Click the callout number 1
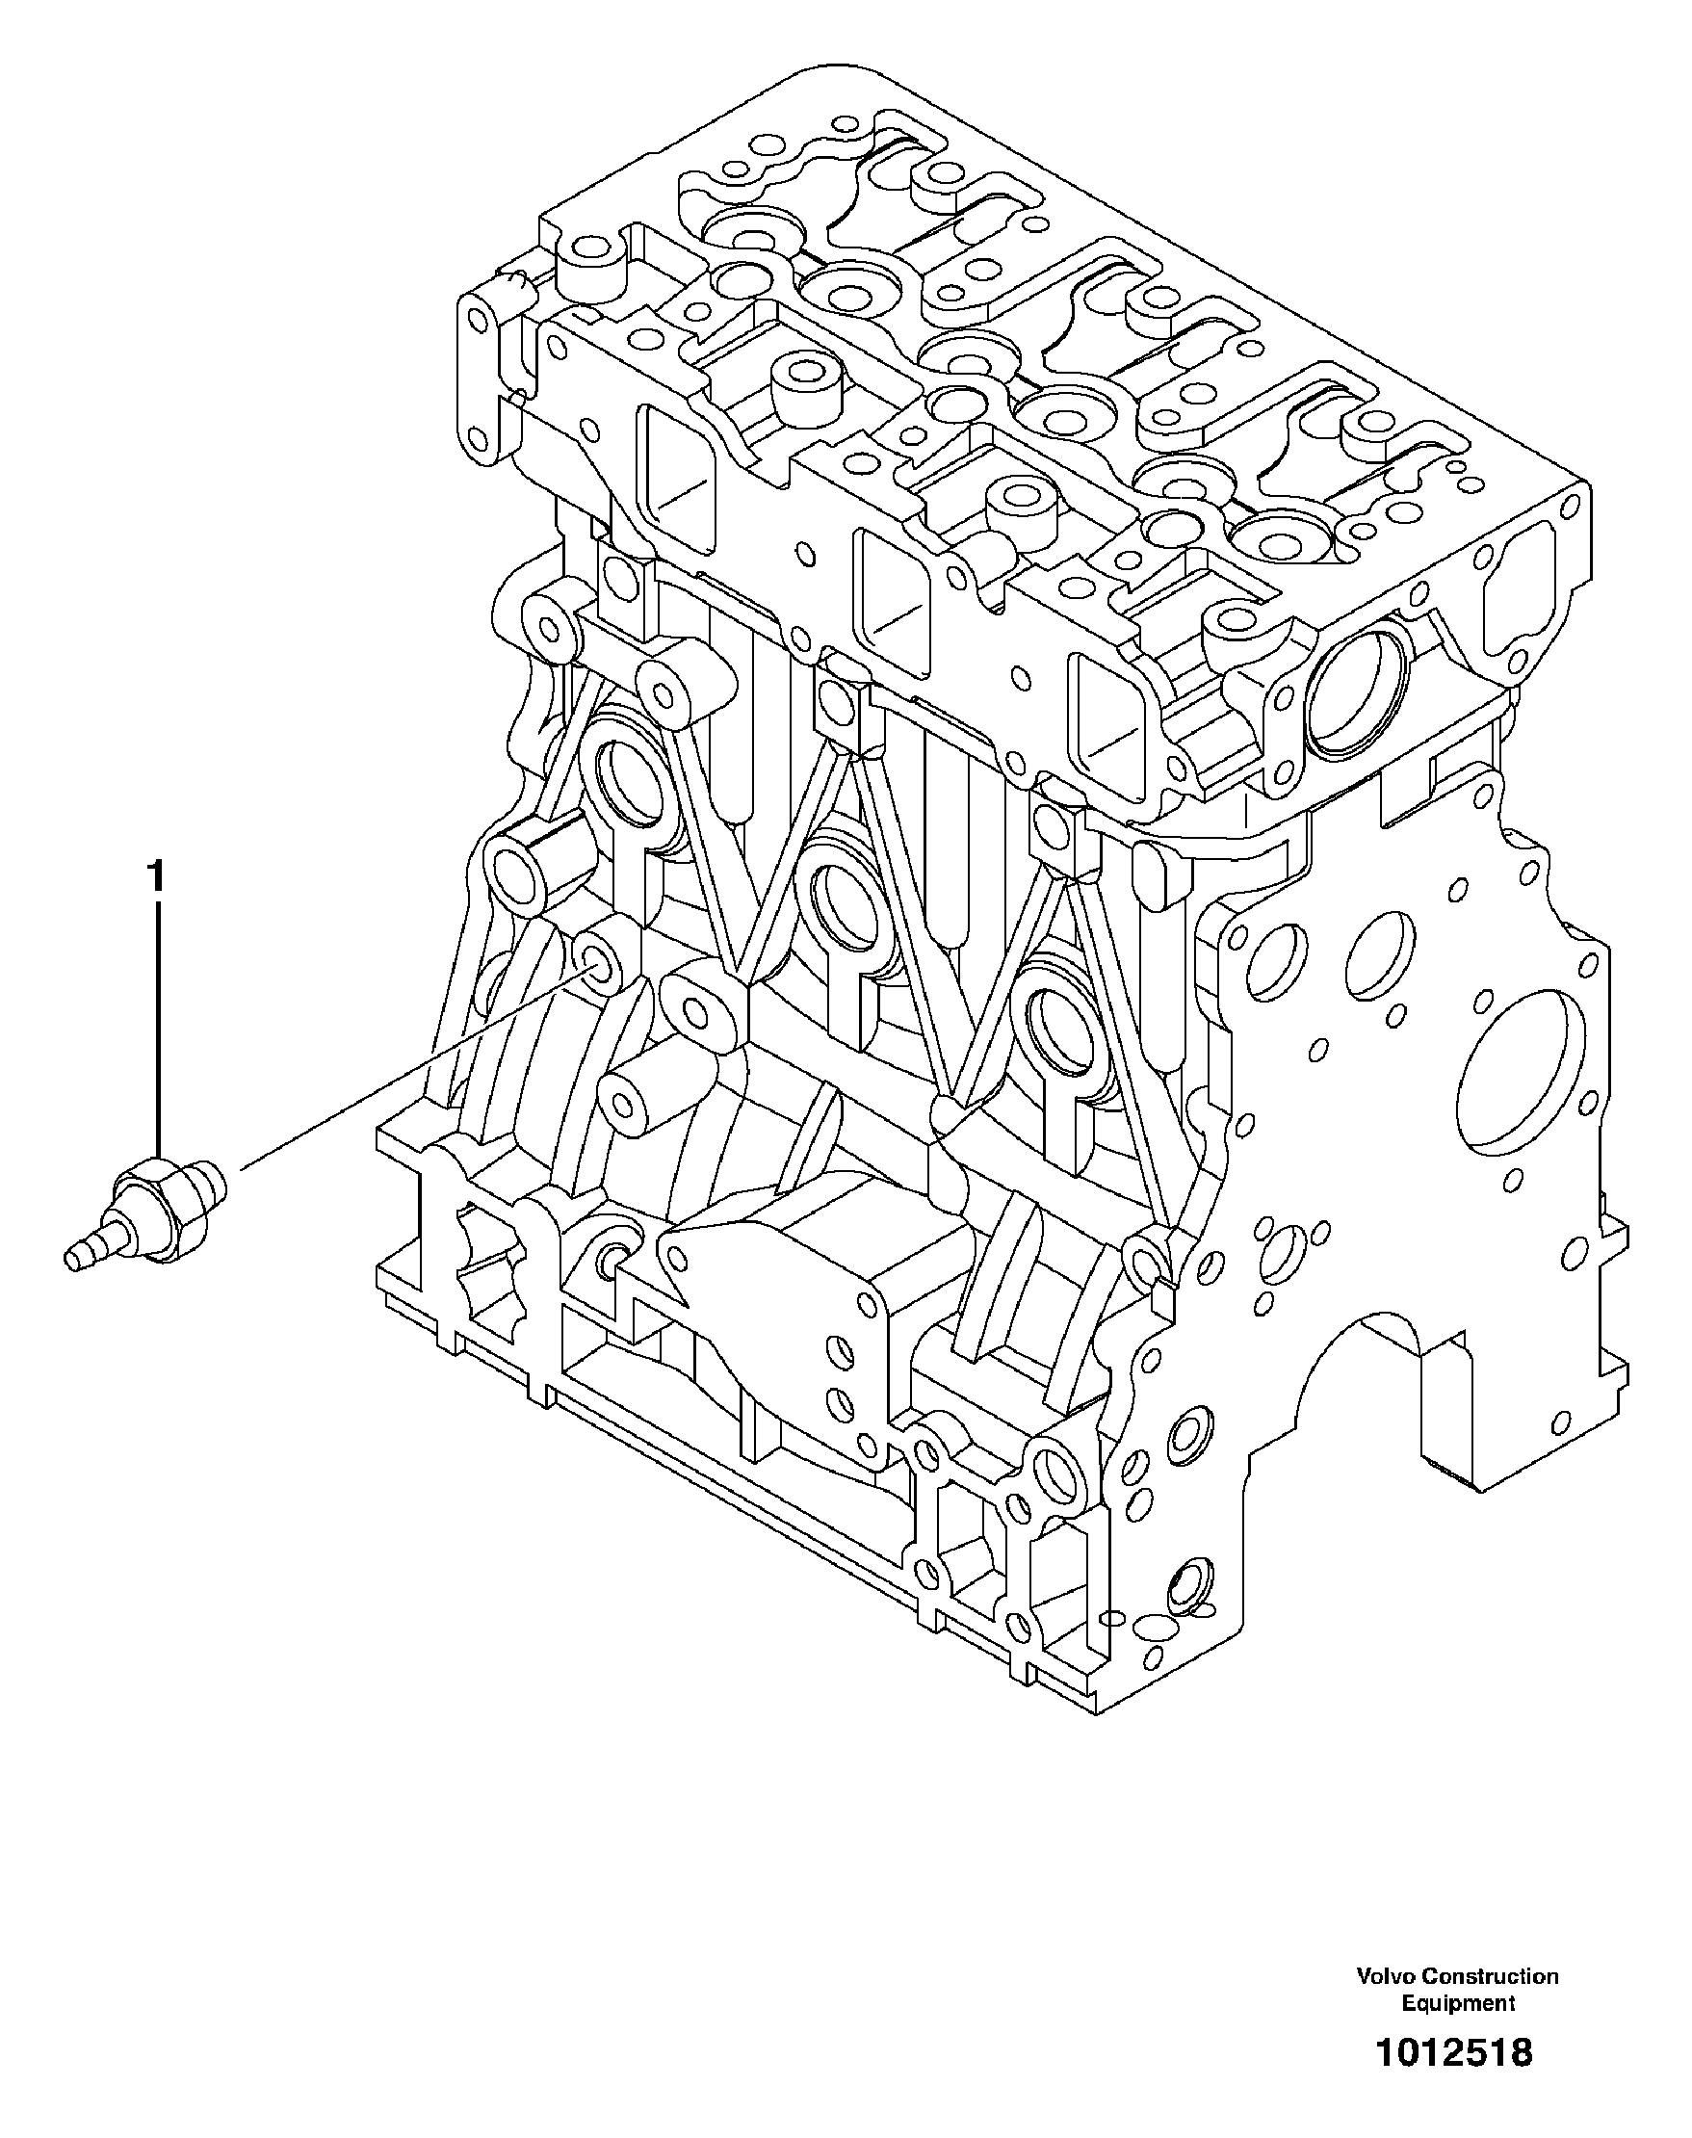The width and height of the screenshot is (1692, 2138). [156, 876]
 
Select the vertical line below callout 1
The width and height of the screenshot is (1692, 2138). [156, 1021]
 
